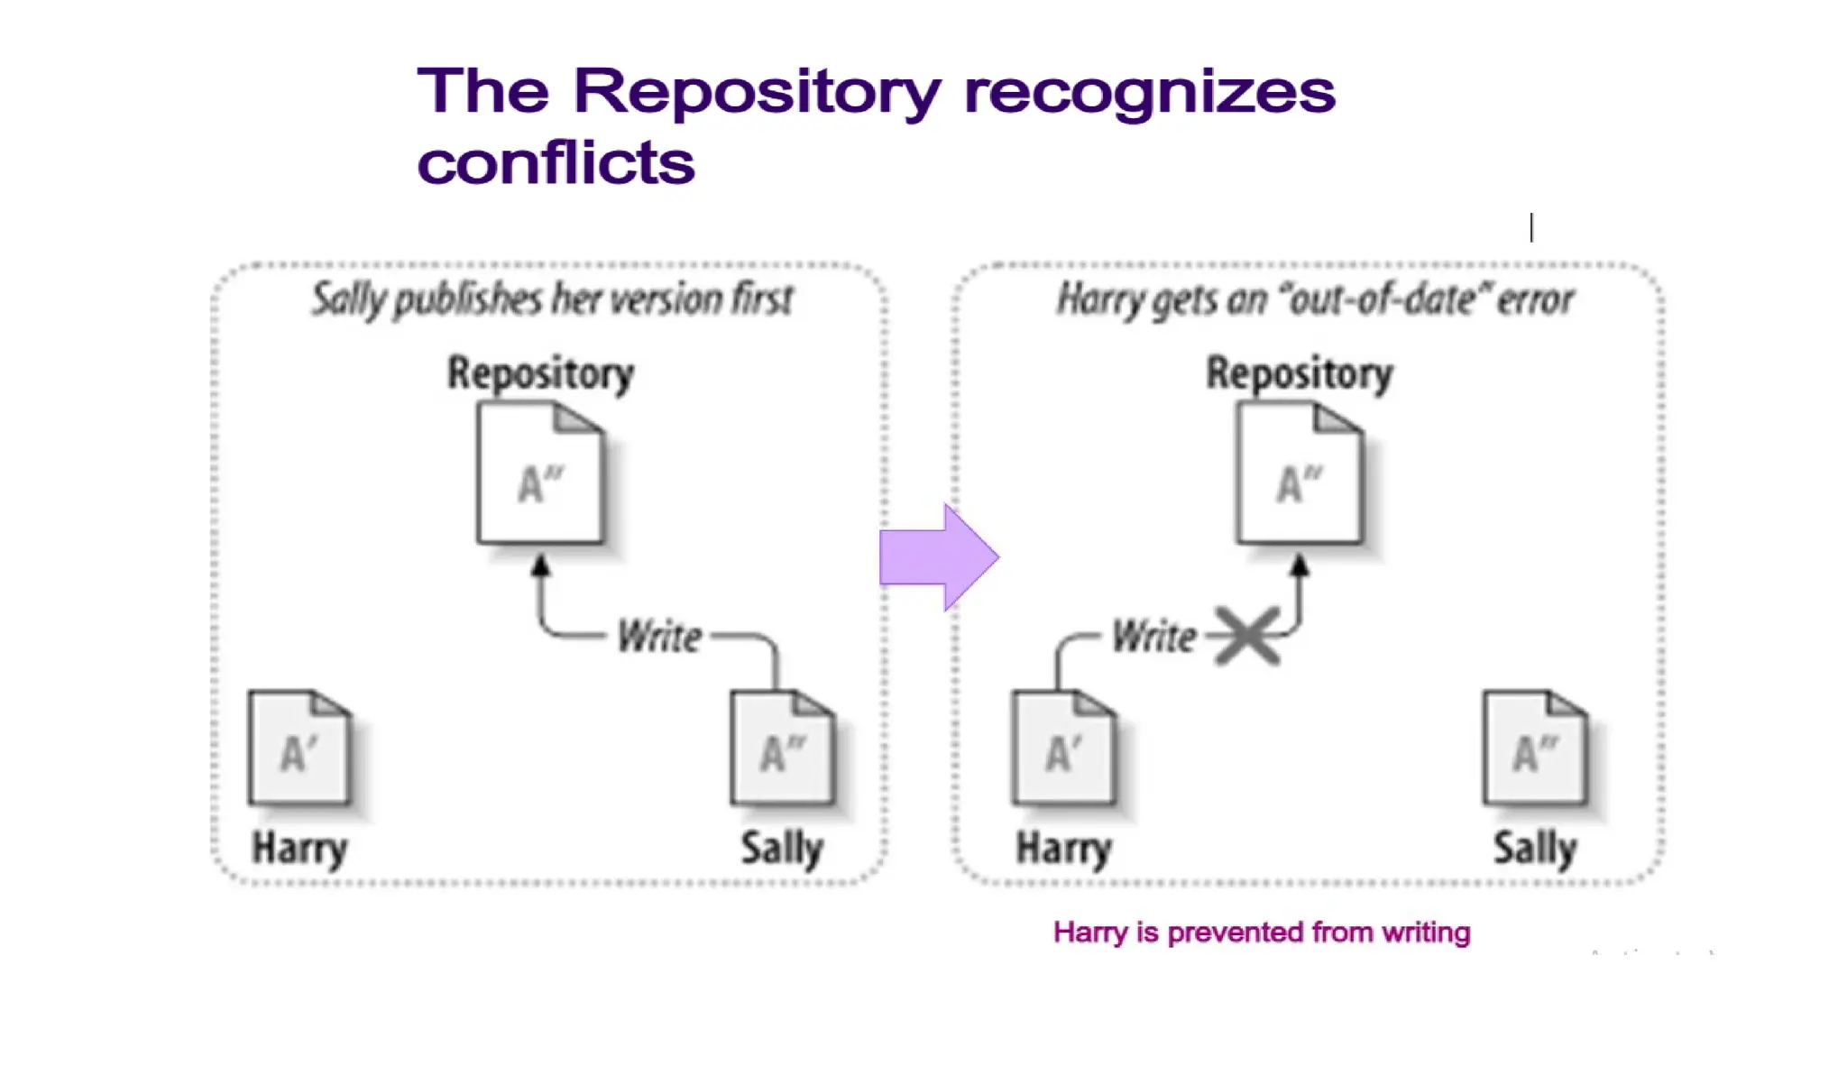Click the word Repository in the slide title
coord(757,92)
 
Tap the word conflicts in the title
coord(556,163)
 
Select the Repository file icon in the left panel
coord(540,474)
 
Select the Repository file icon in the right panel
coord(1300,474)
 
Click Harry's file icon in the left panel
coord(299,748)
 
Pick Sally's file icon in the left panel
coord(782,748)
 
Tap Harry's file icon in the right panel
coord(1063,748)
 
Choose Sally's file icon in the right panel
coord(1535,748)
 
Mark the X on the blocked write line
coord(1247,636)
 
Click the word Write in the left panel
coord(659,637)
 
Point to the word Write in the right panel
coord(1153,637)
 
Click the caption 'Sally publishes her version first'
coord(552,299)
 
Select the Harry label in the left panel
coord(299,848)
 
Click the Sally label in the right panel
coord(1535,848)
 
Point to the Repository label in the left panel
coord(540,373)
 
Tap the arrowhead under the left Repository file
coord(540,566)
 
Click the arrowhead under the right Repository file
coord(1300,566)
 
